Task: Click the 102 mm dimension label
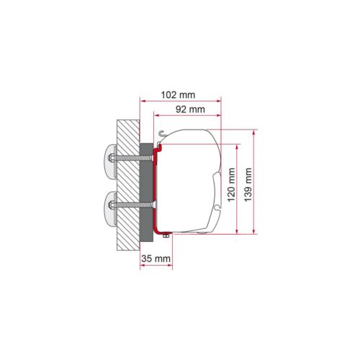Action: pyautogui.click(x=178, y=95)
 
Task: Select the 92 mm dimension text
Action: pyautogui.click(x=190, y=109)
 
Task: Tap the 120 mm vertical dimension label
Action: pyautogui.click(x=231, y=185)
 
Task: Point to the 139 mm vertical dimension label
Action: pyautogui.click(x=248, y=185)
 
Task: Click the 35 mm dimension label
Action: pyautogui.click(x=156, y=258)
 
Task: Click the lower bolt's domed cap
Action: pyautogui.click(x=110, y=205)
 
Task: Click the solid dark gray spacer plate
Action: pyautogui.click(x=146, y=192)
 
